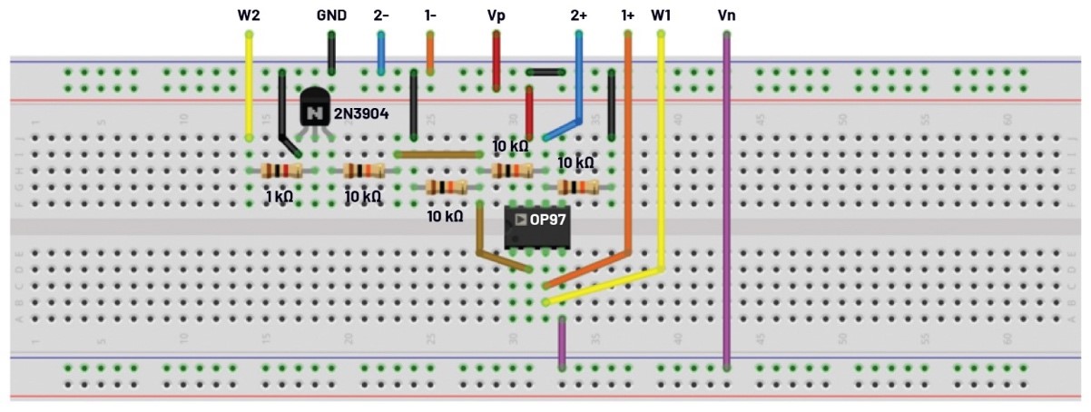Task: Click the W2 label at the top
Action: [x=249, y=15]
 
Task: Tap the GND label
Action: [x=331, y=15]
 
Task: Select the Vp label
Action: [x=496, y=15]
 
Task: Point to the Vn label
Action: [x=727, y=15]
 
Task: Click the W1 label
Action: [x=661, y=15]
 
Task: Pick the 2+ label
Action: [x=579, y=15]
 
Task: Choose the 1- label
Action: [x=430, y=15]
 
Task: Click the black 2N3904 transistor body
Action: [x=314, y=108]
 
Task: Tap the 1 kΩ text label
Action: [x=279, y=196]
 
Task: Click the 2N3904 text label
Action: [x=362, y=113]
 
